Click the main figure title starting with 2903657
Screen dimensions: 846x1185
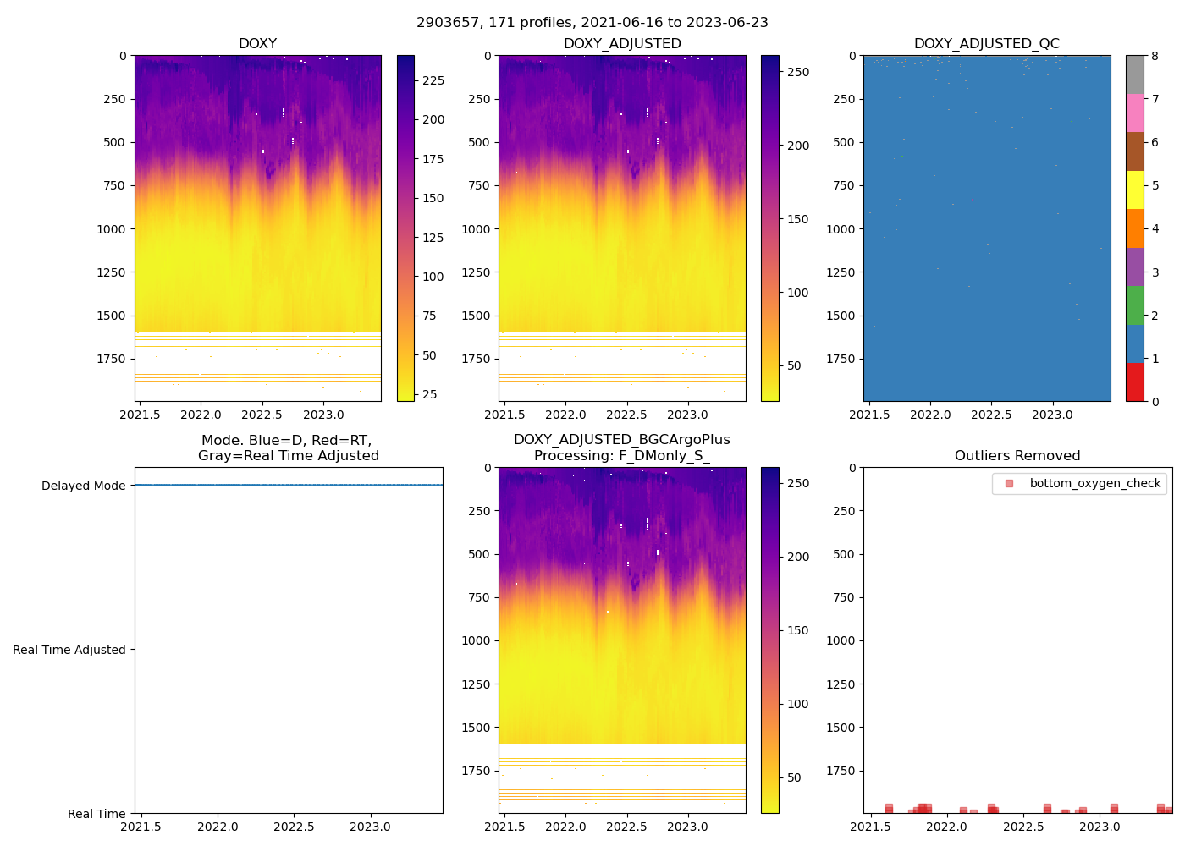click(x=592, y=23)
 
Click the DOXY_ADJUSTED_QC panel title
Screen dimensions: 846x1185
click(x=986, y=44)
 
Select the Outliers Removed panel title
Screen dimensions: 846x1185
click(x=1017, y=456)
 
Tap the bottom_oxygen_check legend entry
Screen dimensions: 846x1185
click(x=1094, y=484)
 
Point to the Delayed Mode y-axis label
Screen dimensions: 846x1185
click(x=83, y=486)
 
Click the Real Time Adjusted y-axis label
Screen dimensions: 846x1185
click(x=69, y=650)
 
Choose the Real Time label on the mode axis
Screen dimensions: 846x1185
click(x=96, y=814)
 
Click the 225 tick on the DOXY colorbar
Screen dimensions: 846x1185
click(x=433, y=80)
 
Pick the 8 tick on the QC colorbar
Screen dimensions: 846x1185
click(x=1155, y=56)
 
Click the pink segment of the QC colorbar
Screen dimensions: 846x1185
click(x=1134, y=113)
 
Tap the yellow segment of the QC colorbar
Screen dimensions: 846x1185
click(x=1134, y=190)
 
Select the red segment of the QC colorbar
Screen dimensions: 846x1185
click(x=1134, y=382)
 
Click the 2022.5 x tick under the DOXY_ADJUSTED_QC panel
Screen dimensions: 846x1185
click(x=991, y=415)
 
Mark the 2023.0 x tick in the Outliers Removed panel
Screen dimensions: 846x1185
click(x=1100, y=827)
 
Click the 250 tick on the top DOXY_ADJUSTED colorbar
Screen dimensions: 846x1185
click(x=798, y=72)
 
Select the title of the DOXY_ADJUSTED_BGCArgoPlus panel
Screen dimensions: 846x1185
click(x=621, y=448)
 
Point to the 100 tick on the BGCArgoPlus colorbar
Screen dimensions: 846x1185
click(x=798, y=704)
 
